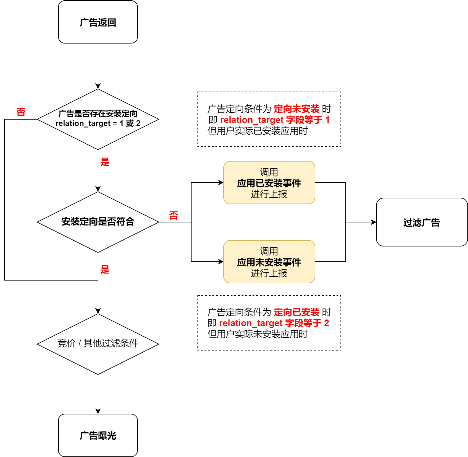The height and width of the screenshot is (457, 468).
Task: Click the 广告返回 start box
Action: click(98, 22)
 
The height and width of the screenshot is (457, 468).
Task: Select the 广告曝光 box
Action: click(98, 435)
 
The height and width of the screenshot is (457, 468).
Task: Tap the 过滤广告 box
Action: click(421, 222)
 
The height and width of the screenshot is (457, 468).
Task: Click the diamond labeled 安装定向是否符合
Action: click(98, 222)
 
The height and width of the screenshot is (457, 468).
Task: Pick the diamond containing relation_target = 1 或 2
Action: click(98, 119)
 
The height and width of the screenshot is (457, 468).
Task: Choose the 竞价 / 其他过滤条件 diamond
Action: click(98, 344)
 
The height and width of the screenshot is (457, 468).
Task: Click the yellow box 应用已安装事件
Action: click(269, 183)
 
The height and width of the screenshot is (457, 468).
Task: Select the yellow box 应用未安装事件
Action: click(269, 262)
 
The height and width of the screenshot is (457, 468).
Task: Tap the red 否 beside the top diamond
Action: click(21, 112)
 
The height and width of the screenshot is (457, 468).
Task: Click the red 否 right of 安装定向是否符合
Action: click(173, 215)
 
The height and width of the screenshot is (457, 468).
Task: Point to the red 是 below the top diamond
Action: click(105, 162)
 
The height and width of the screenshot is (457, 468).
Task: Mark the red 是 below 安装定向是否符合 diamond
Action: click(105, 270)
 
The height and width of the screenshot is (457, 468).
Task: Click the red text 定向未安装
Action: click(296, 109)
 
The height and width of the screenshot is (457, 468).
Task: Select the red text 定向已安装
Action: click(296, 312)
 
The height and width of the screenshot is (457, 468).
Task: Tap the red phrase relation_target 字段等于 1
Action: click(274, 120)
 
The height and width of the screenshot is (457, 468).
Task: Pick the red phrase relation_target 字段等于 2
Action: click(274, 323)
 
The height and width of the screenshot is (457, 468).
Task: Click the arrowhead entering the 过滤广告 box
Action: click(374, 222)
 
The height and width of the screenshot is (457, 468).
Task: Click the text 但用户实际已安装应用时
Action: click(257, 131)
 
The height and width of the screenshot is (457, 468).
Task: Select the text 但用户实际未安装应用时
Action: click(257, 334)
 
